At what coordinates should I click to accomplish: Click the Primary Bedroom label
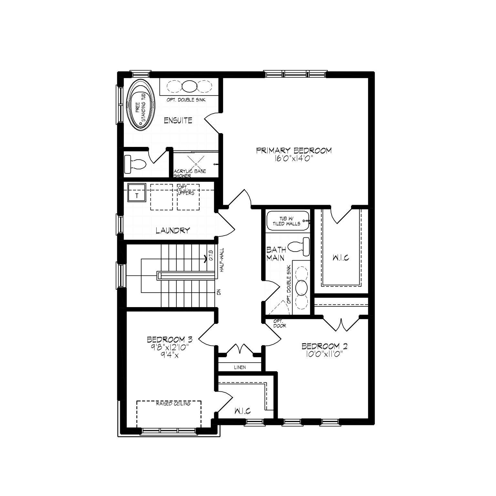coord(294,150)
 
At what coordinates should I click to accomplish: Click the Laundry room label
coord(173,231)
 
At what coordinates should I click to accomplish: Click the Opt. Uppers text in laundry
coord(186,190)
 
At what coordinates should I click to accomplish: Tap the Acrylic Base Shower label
coord(190,173)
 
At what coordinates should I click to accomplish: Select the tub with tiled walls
coord(287,221)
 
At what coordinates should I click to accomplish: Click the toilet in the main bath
coord(298,247)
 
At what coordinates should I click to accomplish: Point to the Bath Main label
coord(276,254)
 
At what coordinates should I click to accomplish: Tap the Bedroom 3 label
coord(170,339)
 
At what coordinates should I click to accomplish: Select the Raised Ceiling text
coord(173,404)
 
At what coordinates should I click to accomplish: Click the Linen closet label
coord(240,367)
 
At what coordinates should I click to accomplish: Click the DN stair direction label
coord(219,292)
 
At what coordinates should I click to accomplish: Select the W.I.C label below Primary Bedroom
coord(341,258)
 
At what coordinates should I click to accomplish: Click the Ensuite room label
coord(178,121)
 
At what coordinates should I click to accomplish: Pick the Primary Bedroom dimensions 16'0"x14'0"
coord(294,158)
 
